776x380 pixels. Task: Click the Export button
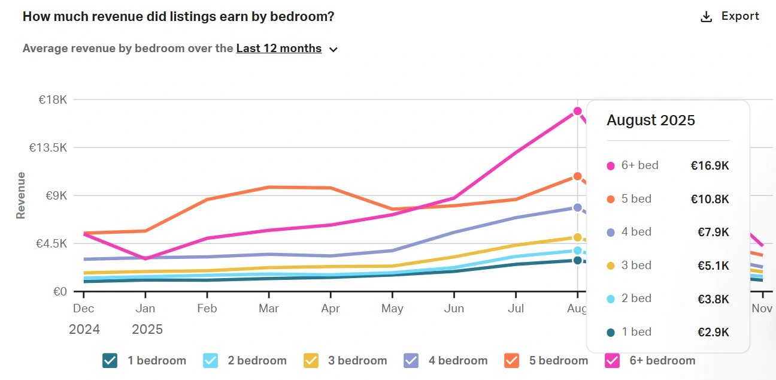tap(730, 16)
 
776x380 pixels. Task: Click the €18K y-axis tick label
tap(53, 99)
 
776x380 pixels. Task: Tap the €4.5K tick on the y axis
tap(50, 244)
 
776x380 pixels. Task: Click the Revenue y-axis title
tap(21, 195)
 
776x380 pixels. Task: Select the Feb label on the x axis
tap(207, 309)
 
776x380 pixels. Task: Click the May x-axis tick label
tap(392, 309)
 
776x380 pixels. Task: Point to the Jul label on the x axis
tap(516, 309)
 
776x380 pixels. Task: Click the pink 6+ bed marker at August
tap(577, 111)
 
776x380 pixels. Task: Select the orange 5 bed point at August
tap(577, 176)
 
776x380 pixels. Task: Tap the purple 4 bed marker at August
tap(577, 207)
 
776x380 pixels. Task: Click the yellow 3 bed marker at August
tap(577, 237)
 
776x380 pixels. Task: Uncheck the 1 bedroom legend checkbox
tap(110, 360)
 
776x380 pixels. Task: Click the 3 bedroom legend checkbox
tap(310, 360)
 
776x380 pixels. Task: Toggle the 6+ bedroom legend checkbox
tap(611, 360)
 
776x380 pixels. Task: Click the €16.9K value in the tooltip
tap(710, 166)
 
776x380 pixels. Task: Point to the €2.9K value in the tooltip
tap(713, 333)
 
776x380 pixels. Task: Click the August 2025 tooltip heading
tap(651, 120)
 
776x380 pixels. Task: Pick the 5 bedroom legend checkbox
tap(511, 360)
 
